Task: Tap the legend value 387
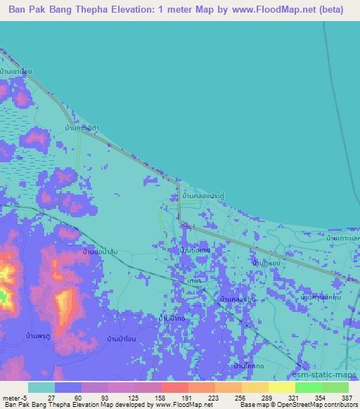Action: [345, 397]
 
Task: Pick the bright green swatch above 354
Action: [308, 387]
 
